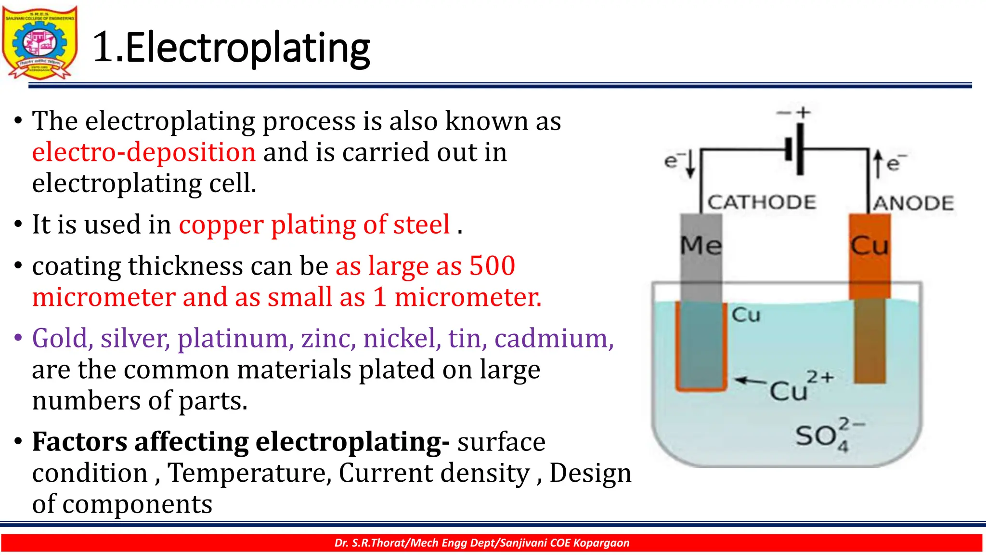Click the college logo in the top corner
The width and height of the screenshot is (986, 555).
(x=39, y=42)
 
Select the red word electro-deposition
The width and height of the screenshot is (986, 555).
(x=143, y=152)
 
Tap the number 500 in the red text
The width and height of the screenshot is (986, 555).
(x=492, y=265)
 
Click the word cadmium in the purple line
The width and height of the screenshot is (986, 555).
(x=554, y=338)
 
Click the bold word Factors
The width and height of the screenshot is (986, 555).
(x=79, y=442)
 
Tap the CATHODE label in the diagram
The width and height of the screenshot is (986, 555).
(x=762, y=202)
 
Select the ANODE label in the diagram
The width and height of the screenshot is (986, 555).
(x=914, y=203)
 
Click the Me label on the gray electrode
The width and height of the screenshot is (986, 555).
(x=701, y=246)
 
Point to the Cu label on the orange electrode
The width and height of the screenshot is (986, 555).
(x=869, y=246)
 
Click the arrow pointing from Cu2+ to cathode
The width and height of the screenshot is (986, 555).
(x=750, y=381)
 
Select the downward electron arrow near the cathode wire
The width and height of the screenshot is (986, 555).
(x=690, y=164)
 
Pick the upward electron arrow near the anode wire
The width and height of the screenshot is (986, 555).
(x=878, y=164)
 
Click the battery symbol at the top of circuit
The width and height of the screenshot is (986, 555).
(x=794, y=149)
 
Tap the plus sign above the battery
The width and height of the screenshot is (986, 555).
(x=803, y=113)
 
